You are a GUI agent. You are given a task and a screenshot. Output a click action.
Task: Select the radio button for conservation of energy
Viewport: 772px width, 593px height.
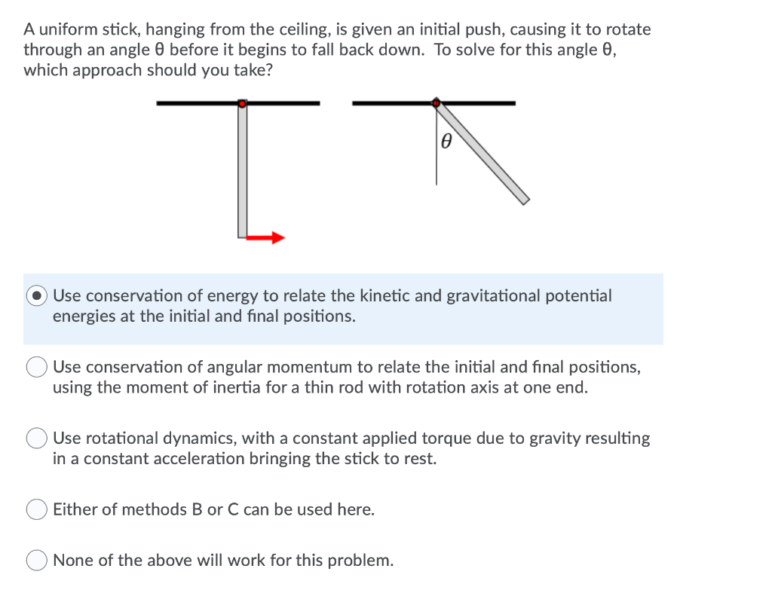38,296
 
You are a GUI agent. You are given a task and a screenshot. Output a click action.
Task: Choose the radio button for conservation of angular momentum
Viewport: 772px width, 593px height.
38,367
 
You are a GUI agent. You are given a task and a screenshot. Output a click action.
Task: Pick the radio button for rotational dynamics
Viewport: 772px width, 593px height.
38,438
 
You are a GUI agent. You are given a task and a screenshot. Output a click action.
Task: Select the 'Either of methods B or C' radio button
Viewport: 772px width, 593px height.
38,510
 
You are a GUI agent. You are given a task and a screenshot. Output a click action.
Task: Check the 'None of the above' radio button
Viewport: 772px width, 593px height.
38,561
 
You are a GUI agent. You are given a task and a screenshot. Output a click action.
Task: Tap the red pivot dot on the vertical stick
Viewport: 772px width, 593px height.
242,103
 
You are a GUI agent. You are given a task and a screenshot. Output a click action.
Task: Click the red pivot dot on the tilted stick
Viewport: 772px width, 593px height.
436,102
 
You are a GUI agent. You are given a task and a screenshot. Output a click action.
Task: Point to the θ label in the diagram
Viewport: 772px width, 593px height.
446,141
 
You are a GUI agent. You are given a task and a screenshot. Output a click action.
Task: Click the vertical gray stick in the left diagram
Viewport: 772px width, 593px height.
242,173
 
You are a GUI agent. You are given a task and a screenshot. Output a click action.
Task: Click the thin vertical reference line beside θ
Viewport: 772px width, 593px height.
436,158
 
